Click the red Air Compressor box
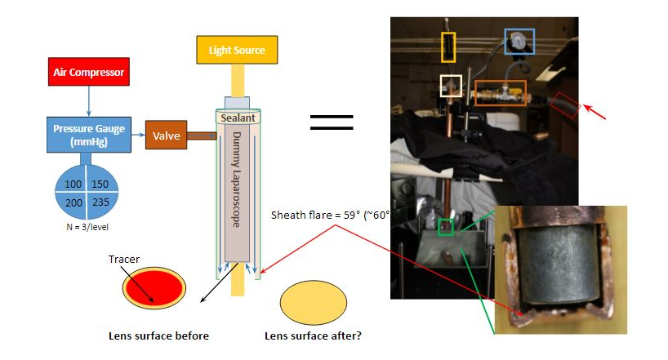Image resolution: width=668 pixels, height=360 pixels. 89,72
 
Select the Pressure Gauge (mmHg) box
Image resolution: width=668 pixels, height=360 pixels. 89,134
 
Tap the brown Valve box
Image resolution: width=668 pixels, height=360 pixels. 165,134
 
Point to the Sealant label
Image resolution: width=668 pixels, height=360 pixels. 238,118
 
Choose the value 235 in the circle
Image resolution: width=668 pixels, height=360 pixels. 100,202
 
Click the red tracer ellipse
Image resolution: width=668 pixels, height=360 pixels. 154,290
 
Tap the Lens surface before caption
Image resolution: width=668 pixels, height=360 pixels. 159,336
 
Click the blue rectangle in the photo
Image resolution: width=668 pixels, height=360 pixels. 519,41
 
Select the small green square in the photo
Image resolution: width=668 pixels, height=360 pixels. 444,226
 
